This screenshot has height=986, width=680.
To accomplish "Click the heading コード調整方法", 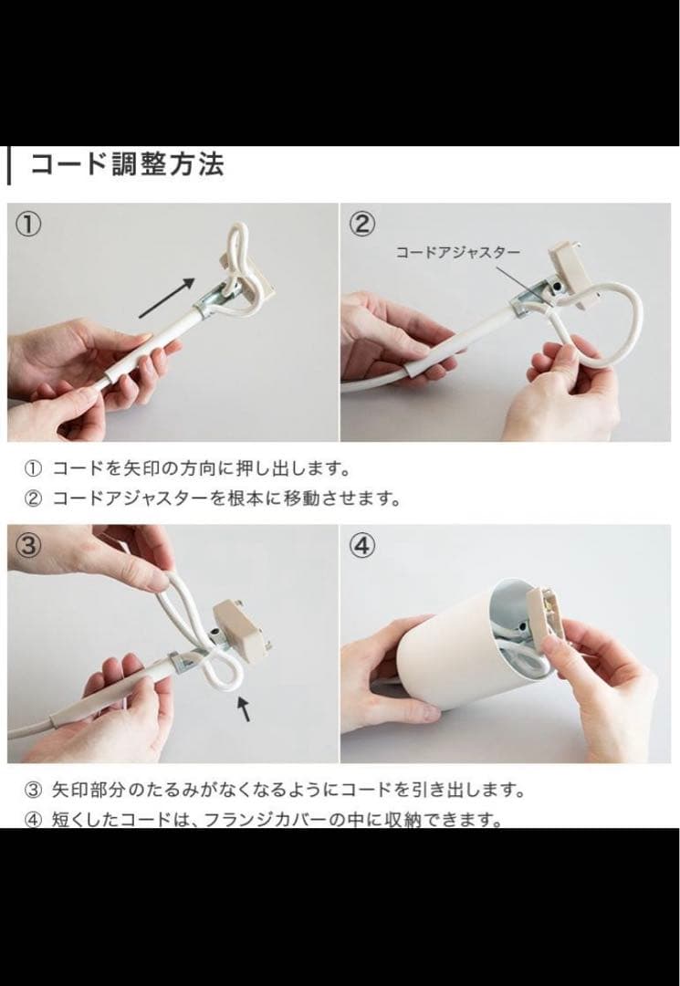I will (127, 165).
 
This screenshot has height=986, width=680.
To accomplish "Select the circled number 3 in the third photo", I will (29, 546).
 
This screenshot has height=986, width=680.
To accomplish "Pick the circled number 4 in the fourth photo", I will (362, 546).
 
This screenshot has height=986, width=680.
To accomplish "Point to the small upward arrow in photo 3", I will (243, 708).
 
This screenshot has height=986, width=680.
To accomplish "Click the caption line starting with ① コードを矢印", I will (187, 469).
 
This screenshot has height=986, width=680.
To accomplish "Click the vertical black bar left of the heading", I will (9, 165).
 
